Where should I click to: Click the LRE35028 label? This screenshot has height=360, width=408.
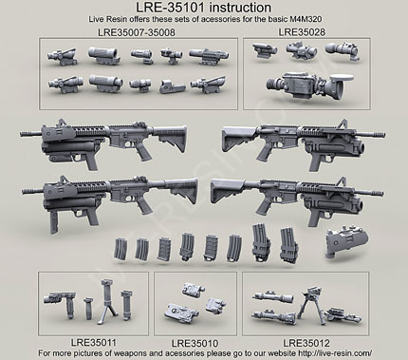[x=302, y=32]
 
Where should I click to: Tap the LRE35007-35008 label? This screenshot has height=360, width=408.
[x=137, y=32]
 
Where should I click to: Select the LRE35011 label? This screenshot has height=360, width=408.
[x=93, y=342]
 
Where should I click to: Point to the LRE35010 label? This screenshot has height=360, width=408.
[x=195, y=343]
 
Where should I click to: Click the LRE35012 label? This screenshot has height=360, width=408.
[x=306, y=343]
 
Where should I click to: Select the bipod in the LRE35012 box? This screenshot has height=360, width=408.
[x=310, y=305]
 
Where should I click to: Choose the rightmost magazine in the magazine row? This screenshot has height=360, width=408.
[x=288, y=245]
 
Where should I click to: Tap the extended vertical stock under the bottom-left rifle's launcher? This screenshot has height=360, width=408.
[x=54, y=221]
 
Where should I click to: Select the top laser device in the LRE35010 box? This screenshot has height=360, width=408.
[x=193, y=290]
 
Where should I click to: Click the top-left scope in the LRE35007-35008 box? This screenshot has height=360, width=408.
[x=62, y=56]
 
